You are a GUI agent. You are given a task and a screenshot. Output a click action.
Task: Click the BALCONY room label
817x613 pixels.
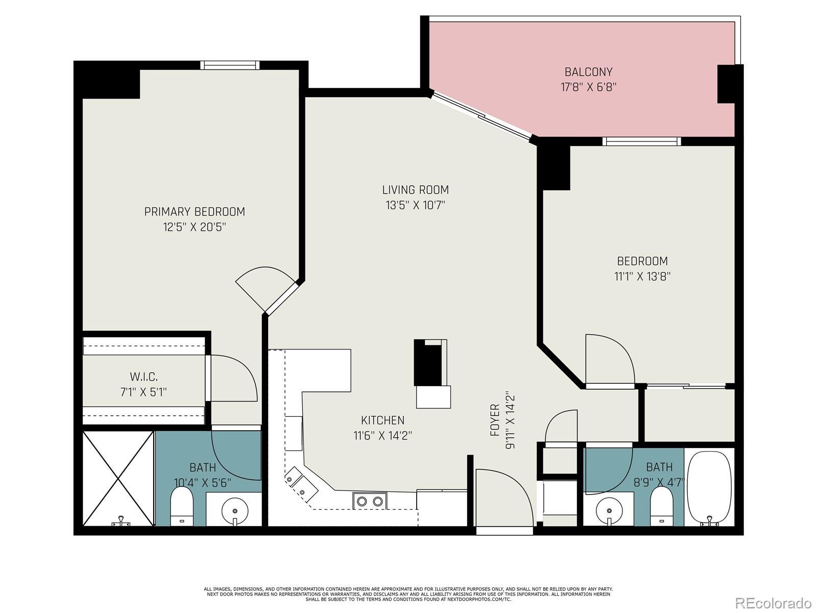[588, 72]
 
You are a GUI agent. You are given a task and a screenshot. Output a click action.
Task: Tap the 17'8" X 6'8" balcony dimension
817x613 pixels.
[588, 87]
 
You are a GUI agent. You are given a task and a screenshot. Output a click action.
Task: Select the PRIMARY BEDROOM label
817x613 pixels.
[195, 212]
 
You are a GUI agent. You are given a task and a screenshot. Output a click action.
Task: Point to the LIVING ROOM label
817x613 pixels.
[415, 190]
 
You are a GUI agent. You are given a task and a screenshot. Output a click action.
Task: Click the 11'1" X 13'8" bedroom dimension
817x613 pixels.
[642, 276]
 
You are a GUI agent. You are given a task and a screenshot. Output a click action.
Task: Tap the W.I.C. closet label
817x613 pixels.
[143, 376]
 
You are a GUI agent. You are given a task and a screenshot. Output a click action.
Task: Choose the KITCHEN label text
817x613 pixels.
[382, 420]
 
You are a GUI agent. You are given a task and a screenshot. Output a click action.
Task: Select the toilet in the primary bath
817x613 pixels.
[182, 507]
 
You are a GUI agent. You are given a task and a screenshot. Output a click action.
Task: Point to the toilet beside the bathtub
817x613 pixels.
[661, 506]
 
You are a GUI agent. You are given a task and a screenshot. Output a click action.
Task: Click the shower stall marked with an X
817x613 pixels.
[118, 479]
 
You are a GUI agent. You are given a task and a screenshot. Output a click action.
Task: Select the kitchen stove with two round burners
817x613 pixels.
[370, 501]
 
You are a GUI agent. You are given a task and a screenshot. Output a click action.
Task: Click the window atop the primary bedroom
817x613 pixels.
[230, 65]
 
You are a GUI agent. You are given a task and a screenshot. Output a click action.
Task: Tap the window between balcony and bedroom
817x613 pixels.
[642, 142]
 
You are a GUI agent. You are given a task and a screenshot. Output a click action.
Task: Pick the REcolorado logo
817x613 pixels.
[774, 602]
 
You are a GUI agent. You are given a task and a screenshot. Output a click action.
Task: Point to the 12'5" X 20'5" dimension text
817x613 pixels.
[195, 227]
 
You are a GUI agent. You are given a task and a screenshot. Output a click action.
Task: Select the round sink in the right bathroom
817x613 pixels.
[609, 511]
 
